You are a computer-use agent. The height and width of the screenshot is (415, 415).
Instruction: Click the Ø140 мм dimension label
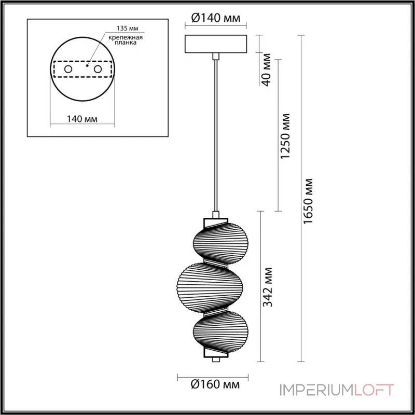215,18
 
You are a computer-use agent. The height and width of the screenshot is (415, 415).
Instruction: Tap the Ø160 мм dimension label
215,384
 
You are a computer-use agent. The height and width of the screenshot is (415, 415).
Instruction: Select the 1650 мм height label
308,201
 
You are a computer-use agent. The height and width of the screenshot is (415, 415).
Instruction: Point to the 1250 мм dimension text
285,136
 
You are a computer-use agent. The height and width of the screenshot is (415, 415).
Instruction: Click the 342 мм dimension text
267,287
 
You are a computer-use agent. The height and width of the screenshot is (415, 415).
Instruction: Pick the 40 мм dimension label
267,70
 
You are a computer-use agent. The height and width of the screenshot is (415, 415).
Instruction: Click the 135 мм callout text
128,29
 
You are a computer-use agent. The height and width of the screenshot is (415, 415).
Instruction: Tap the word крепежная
126,37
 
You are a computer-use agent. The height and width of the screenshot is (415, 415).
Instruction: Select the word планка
126,43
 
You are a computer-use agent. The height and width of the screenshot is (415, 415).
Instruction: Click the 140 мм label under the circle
82,119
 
